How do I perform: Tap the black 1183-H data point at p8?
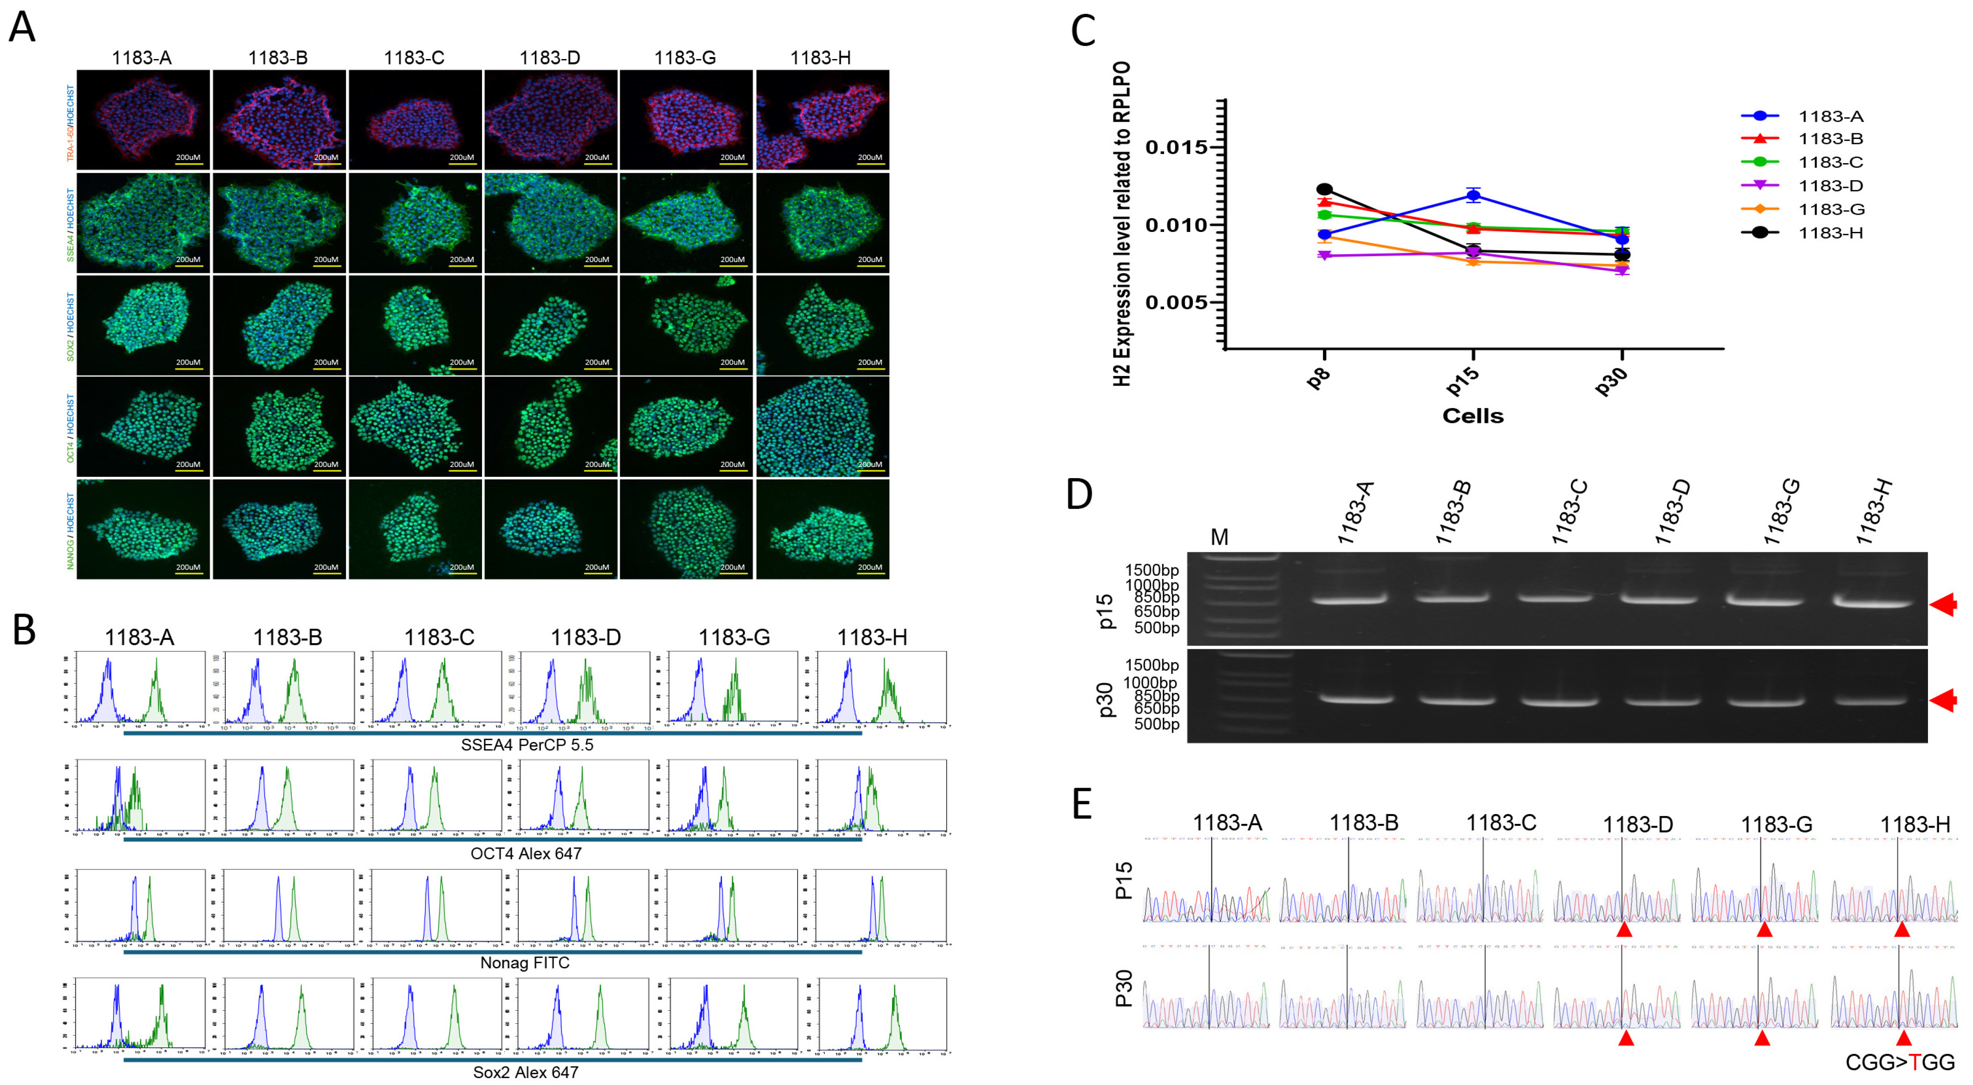(x=1324, y=189)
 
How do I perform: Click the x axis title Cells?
(x=1472, y=416)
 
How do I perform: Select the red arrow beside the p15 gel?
(x=1943, y=605)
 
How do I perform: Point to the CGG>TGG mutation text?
(x=1900, y=1062)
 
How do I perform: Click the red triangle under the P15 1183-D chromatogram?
(x=1624, y=929)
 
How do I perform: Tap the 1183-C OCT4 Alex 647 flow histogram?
(x=436, y=797)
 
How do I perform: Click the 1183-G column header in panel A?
(x=685, y=58)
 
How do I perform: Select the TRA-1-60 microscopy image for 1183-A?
(x=143, y=119)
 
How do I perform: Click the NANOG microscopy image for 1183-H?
(x=822, y=529)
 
